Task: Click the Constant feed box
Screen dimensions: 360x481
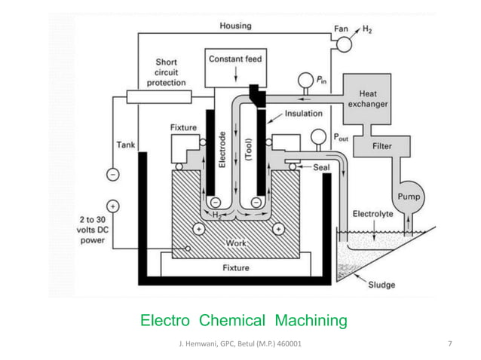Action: pyautogui.click(x=236, y=66)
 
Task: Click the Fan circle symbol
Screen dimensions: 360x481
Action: pyautogui.click(x=344, y=44)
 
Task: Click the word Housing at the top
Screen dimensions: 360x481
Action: pyautogui.click(x=236, y=26)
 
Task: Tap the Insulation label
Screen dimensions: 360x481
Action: pyautogui.click(x=303, y=114)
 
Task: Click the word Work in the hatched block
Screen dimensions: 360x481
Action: pyautogui.click(x=236, y=244)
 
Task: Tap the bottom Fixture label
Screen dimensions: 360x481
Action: pyautogui.click(x=236, y=267)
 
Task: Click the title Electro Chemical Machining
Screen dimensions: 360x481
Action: pyautogui.click(x=244, y=322)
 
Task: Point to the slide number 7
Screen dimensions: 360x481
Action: pyautogui.click(x=450, y=344)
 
